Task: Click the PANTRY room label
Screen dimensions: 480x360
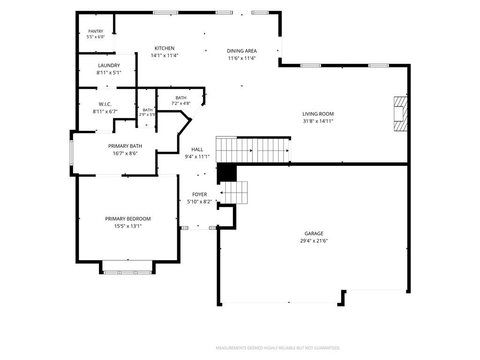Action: pos(96,31)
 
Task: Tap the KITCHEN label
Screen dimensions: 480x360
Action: pos(165,48)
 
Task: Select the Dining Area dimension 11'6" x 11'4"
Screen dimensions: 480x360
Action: pos(242,58)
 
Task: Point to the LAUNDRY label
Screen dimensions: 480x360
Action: pos(109,66)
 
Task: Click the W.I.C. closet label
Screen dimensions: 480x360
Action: pos(105,105)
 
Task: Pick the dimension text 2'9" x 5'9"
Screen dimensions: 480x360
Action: pos(147,115)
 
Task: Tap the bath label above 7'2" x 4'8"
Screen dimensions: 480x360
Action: pos(181,98)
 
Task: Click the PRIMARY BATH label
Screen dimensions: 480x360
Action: pos(125,146)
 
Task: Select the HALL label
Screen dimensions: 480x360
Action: pos(197,150)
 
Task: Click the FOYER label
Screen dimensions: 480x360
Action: pos(200,195)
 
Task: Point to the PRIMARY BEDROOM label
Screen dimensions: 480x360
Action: pos(128,219)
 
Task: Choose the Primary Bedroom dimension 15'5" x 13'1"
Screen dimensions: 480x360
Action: pos(128,226)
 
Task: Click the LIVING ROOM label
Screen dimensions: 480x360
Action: pos(318,114)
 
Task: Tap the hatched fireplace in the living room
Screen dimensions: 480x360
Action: pos(401,114)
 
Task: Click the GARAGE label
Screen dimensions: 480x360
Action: pos(314,233)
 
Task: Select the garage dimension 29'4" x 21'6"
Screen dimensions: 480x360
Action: pos(314,241)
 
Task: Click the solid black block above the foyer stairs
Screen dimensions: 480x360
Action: pos(227,172)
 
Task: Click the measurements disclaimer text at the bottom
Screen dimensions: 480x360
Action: pos(278,348)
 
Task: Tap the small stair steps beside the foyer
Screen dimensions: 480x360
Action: pos(234,193)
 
